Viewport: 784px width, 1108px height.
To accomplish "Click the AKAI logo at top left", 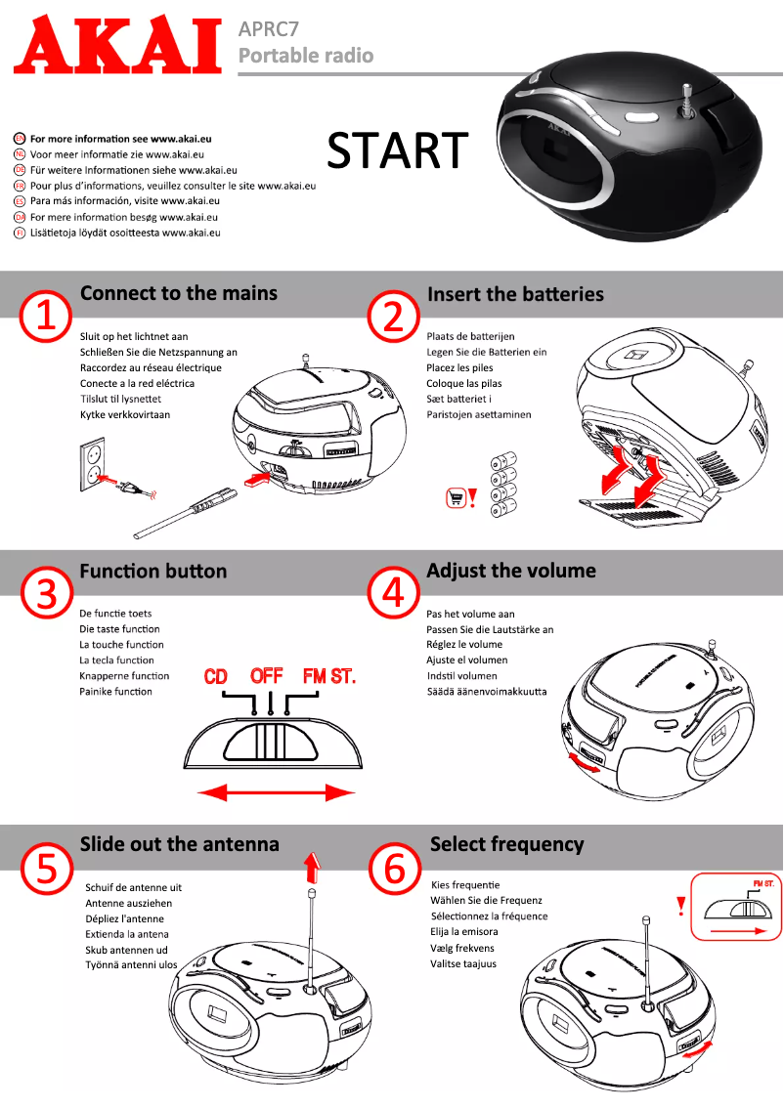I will tap(117, 45).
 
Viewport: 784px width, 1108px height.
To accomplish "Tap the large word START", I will tap(397, 150).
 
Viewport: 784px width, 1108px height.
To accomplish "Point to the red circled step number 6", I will tap(395, 869).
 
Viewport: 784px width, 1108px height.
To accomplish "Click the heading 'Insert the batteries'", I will tap(515, 294).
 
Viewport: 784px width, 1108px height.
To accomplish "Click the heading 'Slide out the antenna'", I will tap(179, 844).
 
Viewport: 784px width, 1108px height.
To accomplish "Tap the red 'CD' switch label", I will tap(216, 676).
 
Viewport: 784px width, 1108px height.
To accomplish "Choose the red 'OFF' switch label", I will tap(266, 675).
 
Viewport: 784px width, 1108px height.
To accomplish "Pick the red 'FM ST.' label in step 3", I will tap(328, 676).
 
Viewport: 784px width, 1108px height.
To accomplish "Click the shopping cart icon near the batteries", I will tap(455, 497).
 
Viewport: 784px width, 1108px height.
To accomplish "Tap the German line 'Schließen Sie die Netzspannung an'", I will tap(158, 352).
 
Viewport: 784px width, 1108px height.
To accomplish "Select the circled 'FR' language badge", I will tap(20, 186).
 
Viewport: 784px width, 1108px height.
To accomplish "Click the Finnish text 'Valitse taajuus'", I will tap(463, 963).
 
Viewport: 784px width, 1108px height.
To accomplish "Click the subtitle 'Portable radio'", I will tap(306, 56).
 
